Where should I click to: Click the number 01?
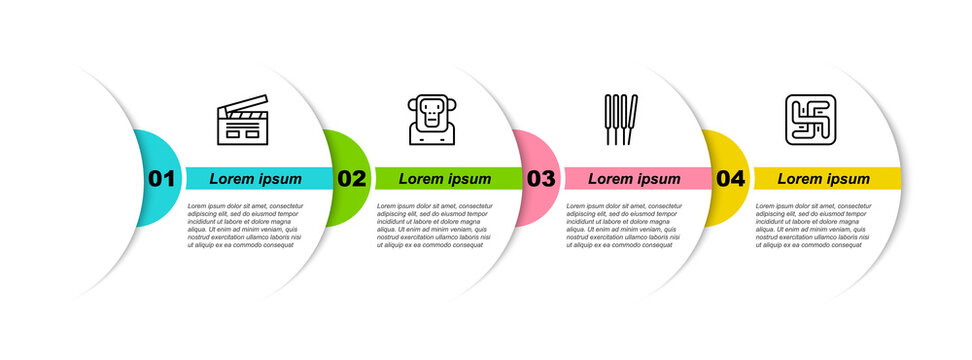[162, 179]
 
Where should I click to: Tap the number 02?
[351, 179]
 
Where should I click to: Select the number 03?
[541, 179]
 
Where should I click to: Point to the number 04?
[731, 179]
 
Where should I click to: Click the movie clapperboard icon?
[243, 121]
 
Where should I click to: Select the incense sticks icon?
[621, 120]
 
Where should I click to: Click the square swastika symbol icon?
[810, 121]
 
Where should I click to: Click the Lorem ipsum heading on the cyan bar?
[256, 179]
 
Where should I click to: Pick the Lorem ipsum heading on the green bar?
[445, 179]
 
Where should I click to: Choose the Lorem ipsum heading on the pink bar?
[634, 179]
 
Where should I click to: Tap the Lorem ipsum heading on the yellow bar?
[824, 179]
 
